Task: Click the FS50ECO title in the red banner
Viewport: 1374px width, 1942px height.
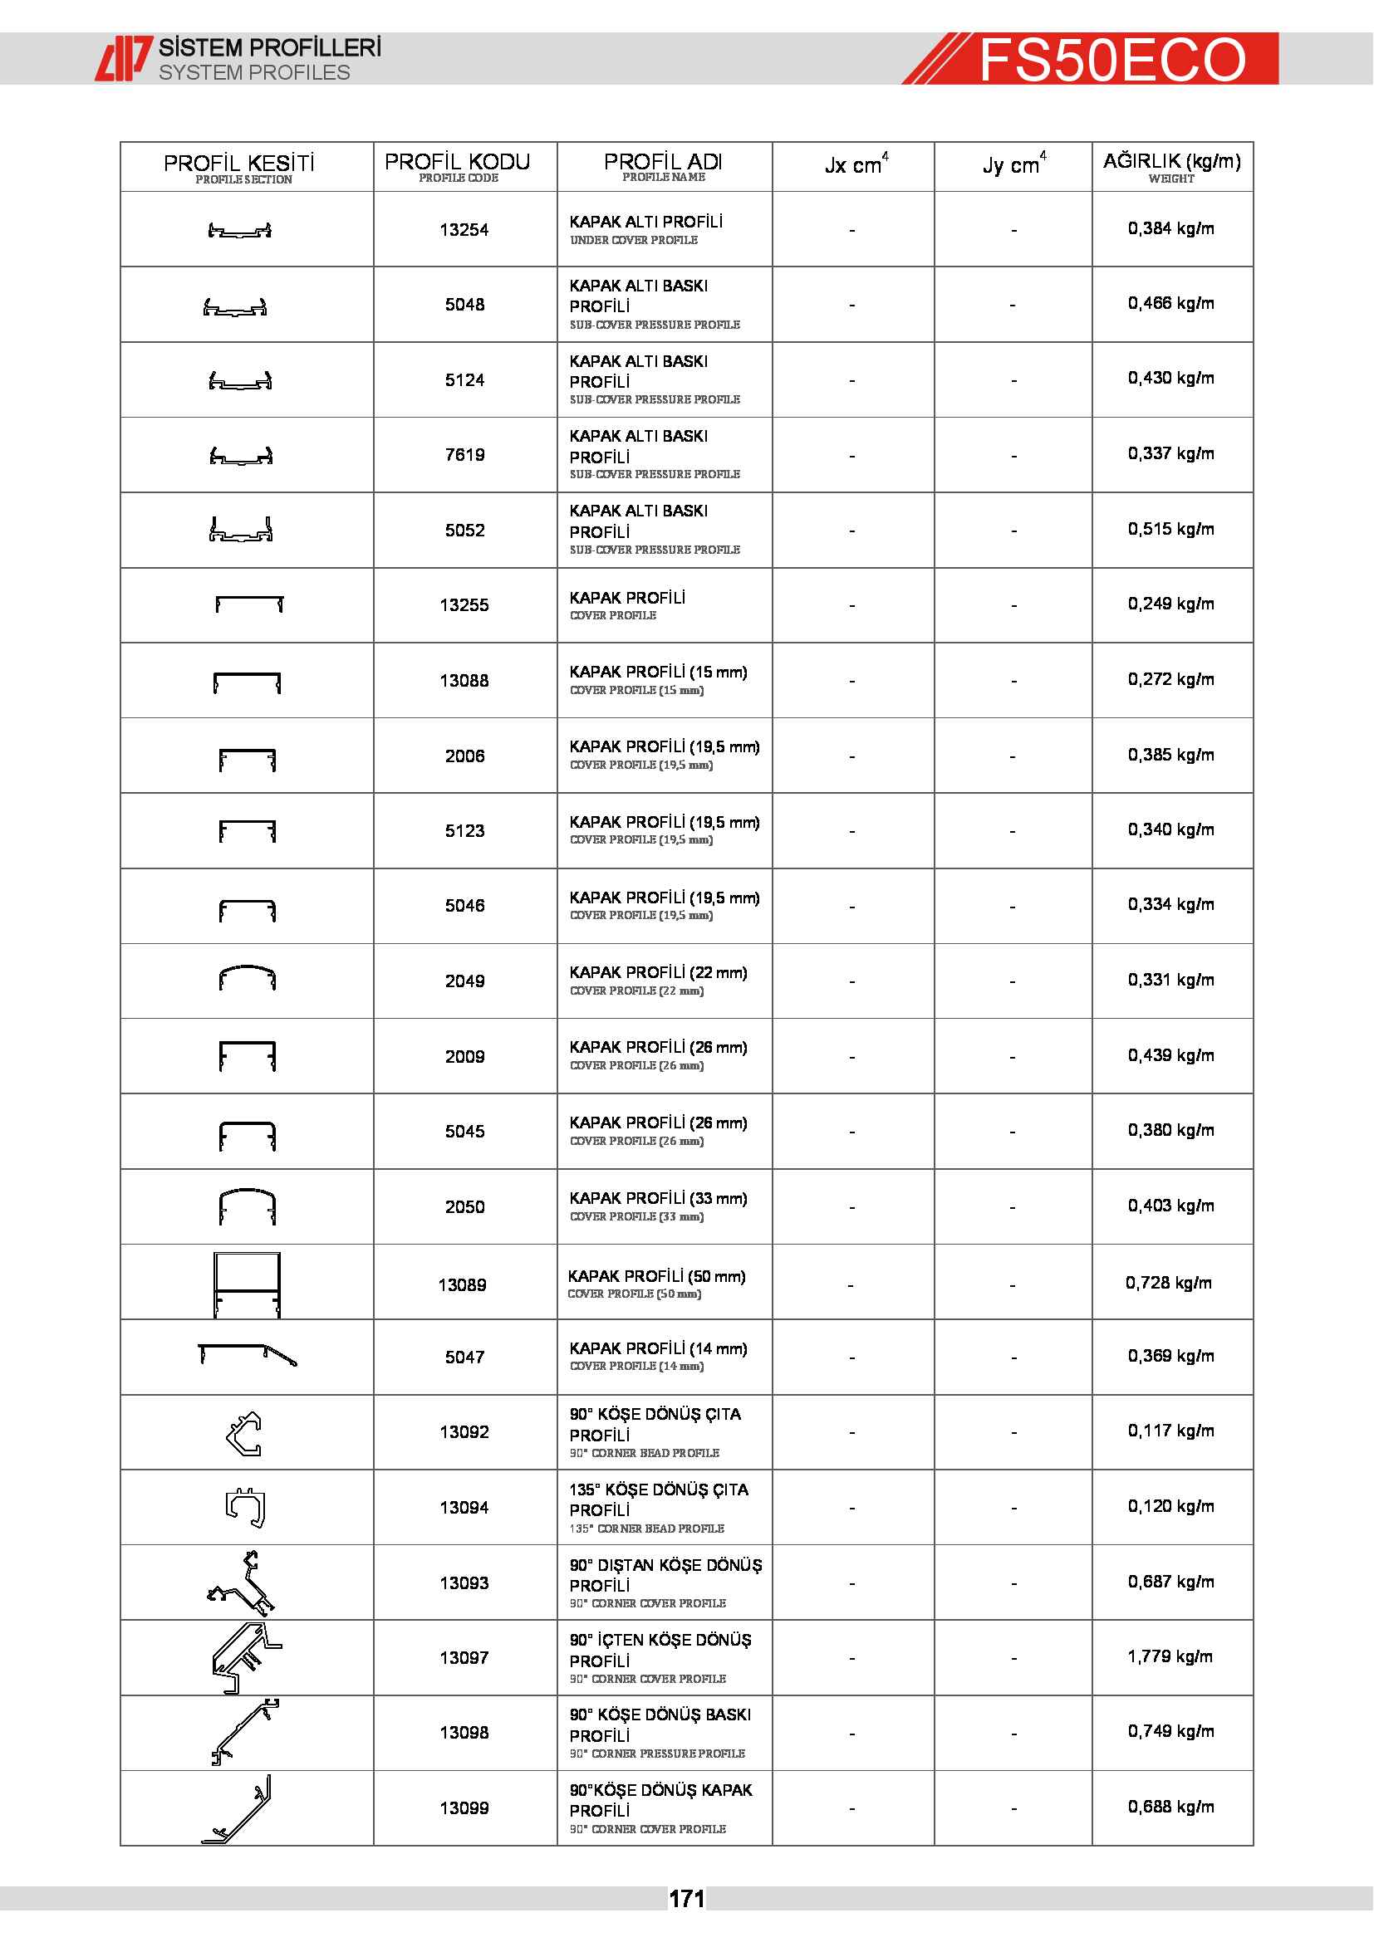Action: [x=1111, y=59]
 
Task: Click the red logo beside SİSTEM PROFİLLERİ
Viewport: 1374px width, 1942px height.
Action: [x=124, y=58]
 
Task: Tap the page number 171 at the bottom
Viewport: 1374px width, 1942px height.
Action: [x=686, y=1898]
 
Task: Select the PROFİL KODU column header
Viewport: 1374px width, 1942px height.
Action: [x=458, y=165]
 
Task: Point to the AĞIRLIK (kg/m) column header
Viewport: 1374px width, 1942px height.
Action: [x=1172, y=165]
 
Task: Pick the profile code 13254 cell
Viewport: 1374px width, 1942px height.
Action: [x=464, y=230]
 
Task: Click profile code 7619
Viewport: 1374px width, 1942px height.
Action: [x=464, y=455]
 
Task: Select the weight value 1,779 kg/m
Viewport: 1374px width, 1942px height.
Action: [x=1170, y=1656]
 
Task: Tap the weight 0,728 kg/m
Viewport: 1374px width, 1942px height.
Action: [x=1169, y=1283]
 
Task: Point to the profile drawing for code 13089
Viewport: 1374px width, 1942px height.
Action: [x=246, y=1284]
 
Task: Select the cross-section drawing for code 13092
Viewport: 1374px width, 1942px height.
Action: [x=244, y=1434]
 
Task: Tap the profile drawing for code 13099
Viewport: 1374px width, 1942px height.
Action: [x=239, y=1808]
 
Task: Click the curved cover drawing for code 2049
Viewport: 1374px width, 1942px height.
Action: [x=246, y=979]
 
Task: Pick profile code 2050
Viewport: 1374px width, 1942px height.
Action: [x=464, y=1207]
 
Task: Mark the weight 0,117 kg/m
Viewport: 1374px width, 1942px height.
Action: [x=1171, y=1431]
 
